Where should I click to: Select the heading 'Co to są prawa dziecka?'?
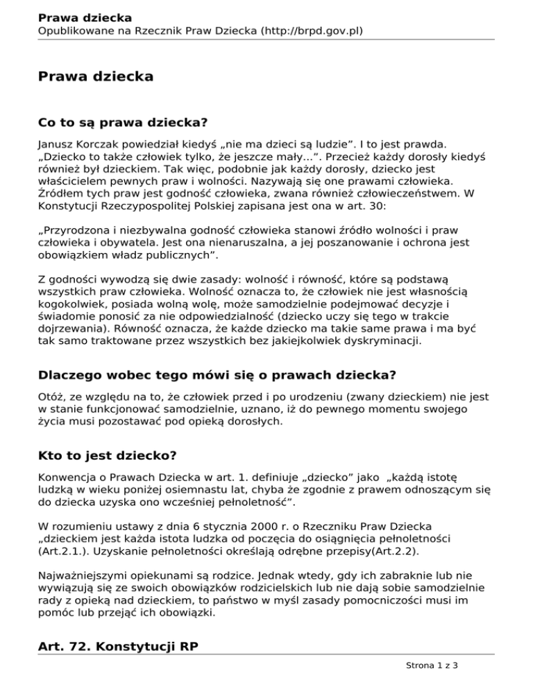click(123, 123)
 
